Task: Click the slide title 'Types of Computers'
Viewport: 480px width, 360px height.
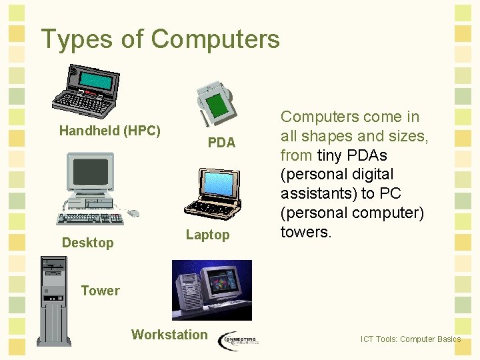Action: (160, 39)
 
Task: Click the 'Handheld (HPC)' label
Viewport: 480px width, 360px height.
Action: (109, 131)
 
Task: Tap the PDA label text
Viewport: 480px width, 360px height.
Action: (221, 143)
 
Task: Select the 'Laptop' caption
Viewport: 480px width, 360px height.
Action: (207, 235)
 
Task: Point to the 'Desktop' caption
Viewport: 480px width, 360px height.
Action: (87, 243)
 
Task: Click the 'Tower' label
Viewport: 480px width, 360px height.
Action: (100, 291)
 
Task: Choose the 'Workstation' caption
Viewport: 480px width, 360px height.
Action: (169, 335)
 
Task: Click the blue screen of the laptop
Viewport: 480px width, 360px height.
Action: (218, 184)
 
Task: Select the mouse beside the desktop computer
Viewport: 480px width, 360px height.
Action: (133, 213)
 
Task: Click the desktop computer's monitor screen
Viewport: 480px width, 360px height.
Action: (91, 172)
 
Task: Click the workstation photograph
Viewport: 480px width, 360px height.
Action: (211, 290)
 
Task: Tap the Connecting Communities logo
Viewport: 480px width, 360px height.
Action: (238, 339)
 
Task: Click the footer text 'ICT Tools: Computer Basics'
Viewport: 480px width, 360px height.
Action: (410, 339)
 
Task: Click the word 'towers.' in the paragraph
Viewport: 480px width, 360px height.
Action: (305, 233)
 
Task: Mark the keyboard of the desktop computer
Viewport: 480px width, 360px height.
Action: (89, 217)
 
